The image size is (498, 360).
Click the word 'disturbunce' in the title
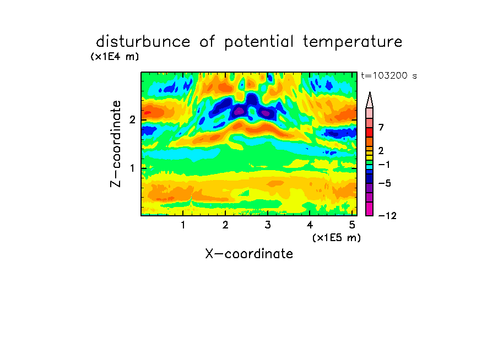point(143,41)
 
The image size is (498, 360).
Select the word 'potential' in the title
point(259,42)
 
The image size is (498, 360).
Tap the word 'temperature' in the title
point(353,42)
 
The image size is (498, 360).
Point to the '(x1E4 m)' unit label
point(115,57)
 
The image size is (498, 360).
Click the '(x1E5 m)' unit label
point(337,237)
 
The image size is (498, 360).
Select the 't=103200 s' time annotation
point(389,75)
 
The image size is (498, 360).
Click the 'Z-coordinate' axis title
point(116,144)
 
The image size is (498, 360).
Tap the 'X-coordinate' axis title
point(249,254)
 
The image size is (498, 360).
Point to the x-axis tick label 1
point(183,225)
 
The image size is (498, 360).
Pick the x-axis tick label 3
point(268,225)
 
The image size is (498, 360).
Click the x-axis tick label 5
point(352,225)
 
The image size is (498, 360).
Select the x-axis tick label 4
point(310,225)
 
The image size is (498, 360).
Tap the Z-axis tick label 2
point(132,119)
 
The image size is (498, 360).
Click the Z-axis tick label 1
point(132,168)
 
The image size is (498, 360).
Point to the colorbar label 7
point(381,127)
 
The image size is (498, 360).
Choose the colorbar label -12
point(387,216)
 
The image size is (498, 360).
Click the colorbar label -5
point(385,183)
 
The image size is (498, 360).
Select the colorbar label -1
point(384,165)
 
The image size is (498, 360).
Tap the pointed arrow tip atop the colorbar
point(370,92)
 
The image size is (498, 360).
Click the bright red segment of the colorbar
point(370,132)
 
